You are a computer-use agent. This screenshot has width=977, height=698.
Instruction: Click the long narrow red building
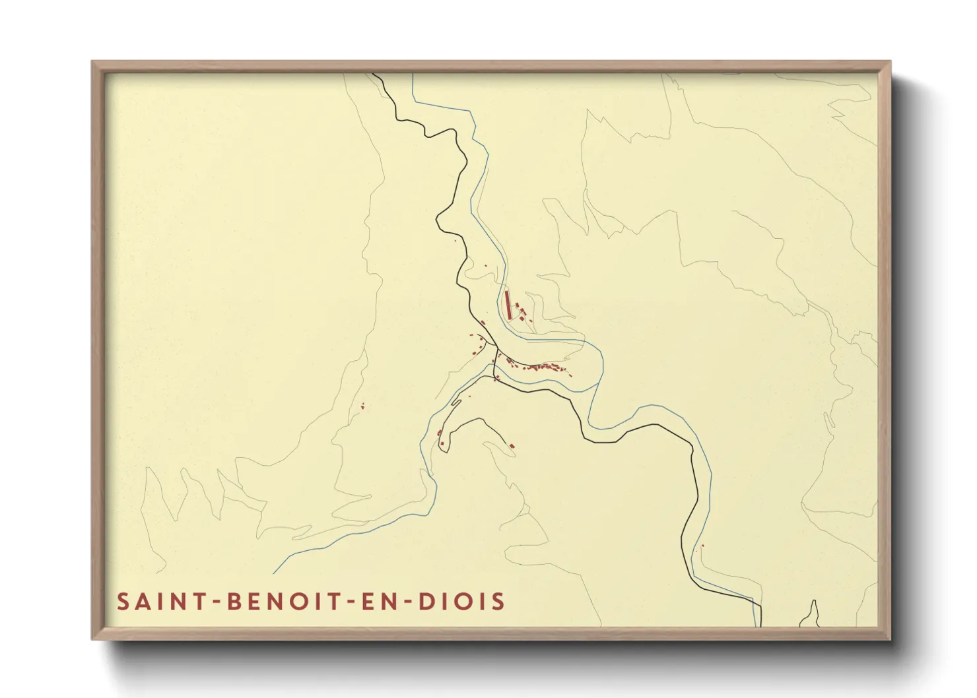click(x=507, y=304)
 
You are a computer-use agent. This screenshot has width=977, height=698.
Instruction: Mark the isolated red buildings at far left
click(x=362, y=406)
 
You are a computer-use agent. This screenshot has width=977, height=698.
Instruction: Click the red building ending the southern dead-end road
click(x=511, y=447)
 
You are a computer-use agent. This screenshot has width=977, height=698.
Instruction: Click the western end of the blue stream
click(x=275, y=572)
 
